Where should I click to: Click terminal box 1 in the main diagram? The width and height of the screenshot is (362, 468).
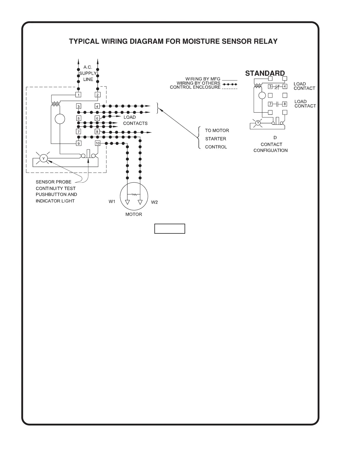pyautogui.click(x=79, y=95)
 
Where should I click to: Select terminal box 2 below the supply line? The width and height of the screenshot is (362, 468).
pyautogui.click(x=98, y=95)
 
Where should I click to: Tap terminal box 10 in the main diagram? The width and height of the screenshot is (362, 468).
pyautogui.click(x=98, y=143)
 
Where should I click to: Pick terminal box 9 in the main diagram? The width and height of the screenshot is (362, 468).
pyautogui.click(x=79, y=143)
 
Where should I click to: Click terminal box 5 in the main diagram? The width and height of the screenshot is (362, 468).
pyautogui.click(x=79, y=118)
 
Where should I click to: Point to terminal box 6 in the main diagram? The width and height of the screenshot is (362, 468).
pyautogui.click(x=97, y=118)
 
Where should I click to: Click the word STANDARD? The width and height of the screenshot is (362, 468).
pyautogui.click(x=265, y=73)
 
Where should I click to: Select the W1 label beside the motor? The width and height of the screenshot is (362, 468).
pyautogui.click(x=112, y=202)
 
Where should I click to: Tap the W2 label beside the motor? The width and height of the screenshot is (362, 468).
pyautogui.click(x=154, y=202)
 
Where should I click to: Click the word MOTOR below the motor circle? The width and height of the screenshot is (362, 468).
pyautogui.click(x=134, y=214)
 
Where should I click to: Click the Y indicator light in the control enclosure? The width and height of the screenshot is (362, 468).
pyautogui.click(x=43, y=159)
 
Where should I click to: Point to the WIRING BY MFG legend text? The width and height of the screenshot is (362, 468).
pyautogui.click(x=203, y=79)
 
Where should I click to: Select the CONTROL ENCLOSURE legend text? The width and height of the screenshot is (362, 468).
pyautogui.click(x=195, y=87)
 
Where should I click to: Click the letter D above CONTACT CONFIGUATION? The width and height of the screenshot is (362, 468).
pyautogui.click(x=275, y=138)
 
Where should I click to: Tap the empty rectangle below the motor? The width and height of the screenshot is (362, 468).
pyautogui.click(x=170, y=229)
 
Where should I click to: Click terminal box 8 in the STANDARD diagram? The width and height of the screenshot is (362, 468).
pyautogui.click(x=285, y=104)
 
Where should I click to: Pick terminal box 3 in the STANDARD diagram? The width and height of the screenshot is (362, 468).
pyautogui.click(x=270, y=87)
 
